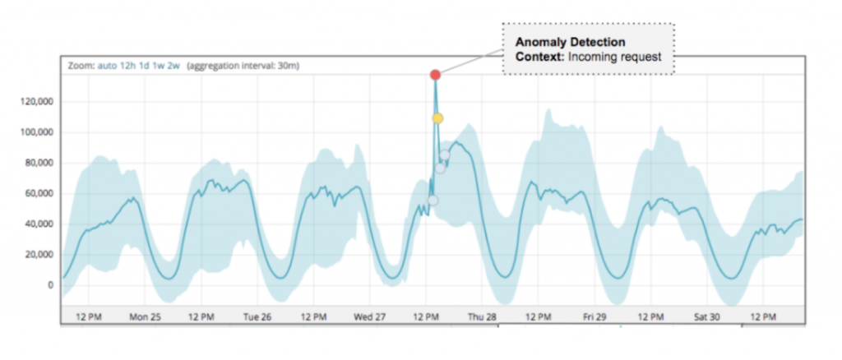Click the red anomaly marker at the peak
point(435,75)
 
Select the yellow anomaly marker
point(438,118)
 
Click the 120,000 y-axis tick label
point(37,102)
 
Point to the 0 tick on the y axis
point(51,285)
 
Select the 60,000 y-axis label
point(39,193)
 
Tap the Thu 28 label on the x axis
point(482,316)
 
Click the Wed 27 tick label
point(369,316)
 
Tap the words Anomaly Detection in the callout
point(570,42)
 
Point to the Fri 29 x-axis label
point(594,316)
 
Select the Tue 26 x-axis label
point(257,316)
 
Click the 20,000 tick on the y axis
point(39,255)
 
